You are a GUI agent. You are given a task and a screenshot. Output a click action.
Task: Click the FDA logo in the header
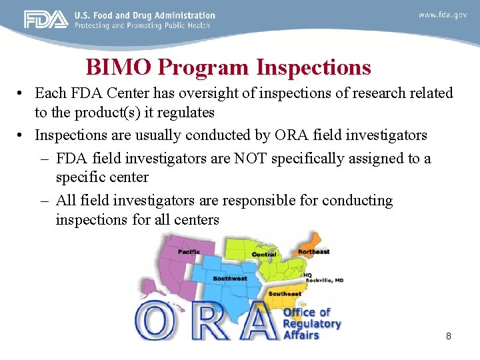pyautogui.click(x=46, y=19)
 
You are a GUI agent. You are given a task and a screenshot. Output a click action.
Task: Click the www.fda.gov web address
pyautogui.click(x=442, y=15)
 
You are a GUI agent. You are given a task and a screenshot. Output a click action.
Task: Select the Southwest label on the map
pyautogui.click(x=229, y=278)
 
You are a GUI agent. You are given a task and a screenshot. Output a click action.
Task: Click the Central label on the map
pyautogui.click(x=264, y=255)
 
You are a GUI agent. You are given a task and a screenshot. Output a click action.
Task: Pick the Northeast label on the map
pyautogui.click(x=313, y=252)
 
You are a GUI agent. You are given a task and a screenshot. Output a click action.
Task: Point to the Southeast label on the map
pyautogui.click(x=285, y=294)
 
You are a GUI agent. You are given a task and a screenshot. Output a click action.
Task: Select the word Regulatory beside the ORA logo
pyautogui.click(x=311, y=324)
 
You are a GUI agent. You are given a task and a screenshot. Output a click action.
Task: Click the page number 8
pyautogui.click(x=449, y=336)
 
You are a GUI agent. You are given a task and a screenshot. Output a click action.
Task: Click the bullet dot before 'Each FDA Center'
pyautogui.click(x=22, y=94)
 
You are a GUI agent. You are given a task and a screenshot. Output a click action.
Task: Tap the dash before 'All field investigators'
pyautogui.click(x=45, y=201)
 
